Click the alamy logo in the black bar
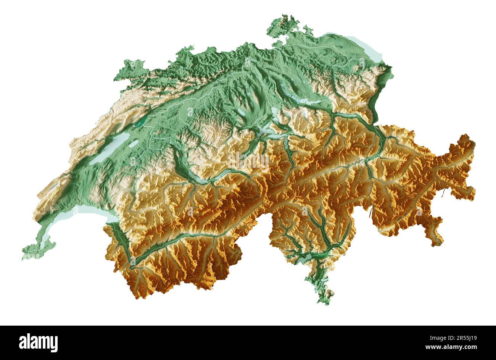click(38, 342)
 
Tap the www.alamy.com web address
click(451, 347)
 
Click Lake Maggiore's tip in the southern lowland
click(305, 260)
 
